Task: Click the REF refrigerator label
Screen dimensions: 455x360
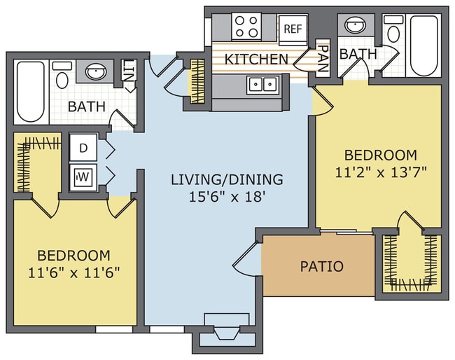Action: click(293, 29)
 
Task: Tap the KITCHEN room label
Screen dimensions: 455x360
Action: click(256, 60)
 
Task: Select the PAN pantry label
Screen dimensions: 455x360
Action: click(323, 58)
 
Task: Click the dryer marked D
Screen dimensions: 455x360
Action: click(83, 148)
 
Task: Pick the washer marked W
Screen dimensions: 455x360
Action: click(83, 176)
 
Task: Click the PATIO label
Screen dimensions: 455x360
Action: click(321, 266)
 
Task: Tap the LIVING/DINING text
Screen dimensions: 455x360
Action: click(227, 179)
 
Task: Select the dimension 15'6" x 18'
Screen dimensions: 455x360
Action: click(227, 197)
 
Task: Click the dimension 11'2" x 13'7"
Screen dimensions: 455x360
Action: click(381, 172)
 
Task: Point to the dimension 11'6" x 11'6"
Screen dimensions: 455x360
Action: click(73, 272)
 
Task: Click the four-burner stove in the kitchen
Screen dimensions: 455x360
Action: click(246, 27)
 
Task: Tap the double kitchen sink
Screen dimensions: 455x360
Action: click(263, 85)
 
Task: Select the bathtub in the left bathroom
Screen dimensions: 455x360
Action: click(31, 91)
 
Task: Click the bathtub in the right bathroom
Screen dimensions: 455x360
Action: click(423, 46)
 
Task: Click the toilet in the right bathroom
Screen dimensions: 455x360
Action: click(393, 29)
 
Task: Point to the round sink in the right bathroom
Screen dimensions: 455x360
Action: click(356, 25)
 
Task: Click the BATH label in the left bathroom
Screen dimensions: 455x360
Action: click(87, 106)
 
